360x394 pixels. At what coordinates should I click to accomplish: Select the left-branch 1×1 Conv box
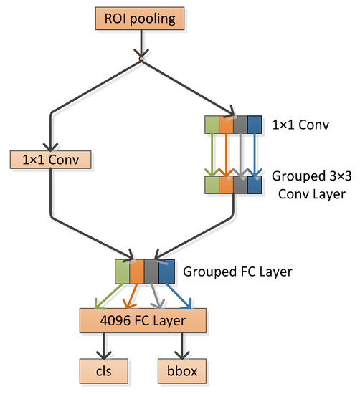point(51,160)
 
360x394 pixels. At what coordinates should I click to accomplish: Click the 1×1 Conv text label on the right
point(300,126)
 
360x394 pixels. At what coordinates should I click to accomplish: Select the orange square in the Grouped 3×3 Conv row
point(226,186)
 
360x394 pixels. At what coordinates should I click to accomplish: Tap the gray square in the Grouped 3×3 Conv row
point(240,186)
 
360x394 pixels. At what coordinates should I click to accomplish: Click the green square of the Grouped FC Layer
point(123,272)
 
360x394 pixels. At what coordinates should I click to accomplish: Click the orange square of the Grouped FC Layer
point(137,272)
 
